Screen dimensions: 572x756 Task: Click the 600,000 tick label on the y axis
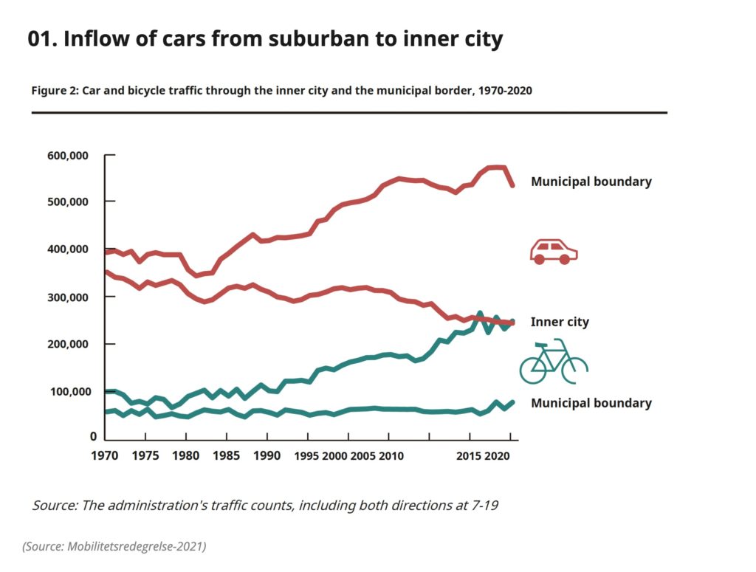68,156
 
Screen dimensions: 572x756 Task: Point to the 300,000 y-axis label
68,297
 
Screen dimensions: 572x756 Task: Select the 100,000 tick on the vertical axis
68,391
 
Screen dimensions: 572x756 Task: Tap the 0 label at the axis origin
93,438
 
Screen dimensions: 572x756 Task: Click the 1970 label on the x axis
106,456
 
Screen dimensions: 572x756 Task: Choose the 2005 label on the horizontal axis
362,456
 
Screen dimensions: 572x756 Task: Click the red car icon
554,252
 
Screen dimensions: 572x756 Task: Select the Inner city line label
560,322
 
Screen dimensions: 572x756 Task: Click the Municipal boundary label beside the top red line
591,182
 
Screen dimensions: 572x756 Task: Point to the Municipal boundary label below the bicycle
591,403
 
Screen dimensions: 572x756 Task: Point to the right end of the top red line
512,185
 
